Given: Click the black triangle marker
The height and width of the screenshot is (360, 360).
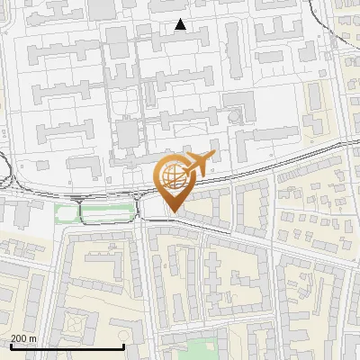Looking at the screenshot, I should click(181, 25).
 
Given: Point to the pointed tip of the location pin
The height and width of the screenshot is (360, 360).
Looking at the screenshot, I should click(171, 211).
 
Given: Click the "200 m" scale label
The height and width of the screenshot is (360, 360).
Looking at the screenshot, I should click(24, 338).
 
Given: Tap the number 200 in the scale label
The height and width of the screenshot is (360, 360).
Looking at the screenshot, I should click(20, 338).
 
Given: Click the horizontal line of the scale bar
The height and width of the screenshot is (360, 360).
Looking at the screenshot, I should click(67, 346).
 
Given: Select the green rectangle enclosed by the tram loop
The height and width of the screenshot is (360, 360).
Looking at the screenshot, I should click(108, 213).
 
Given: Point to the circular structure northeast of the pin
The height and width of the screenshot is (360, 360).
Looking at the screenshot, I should click(236, 116).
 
